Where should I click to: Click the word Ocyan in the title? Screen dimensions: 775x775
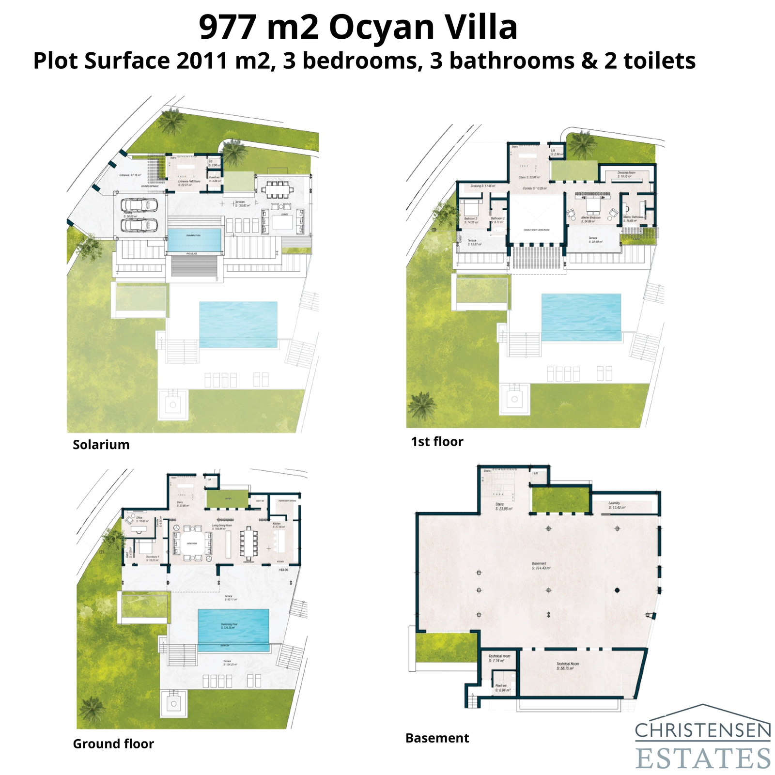(x=382, y=28)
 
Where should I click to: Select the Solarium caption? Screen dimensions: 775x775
(x=101, y=445)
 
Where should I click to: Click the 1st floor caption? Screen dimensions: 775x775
(x=437, y=441)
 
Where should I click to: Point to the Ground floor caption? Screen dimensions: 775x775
(x=113, y=744)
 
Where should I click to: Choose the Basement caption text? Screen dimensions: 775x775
(x=437, y=738)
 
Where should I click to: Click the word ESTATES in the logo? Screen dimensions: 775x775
(x=702, y=759)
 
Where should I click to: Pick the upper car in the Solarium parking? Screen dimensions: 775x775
(x=139, y=205)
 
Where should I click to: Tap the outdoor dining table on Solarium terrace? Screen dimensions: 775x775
(x=278, y=189)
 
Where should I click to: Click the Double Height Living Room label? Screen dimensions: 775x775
(x=536, y=230)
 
